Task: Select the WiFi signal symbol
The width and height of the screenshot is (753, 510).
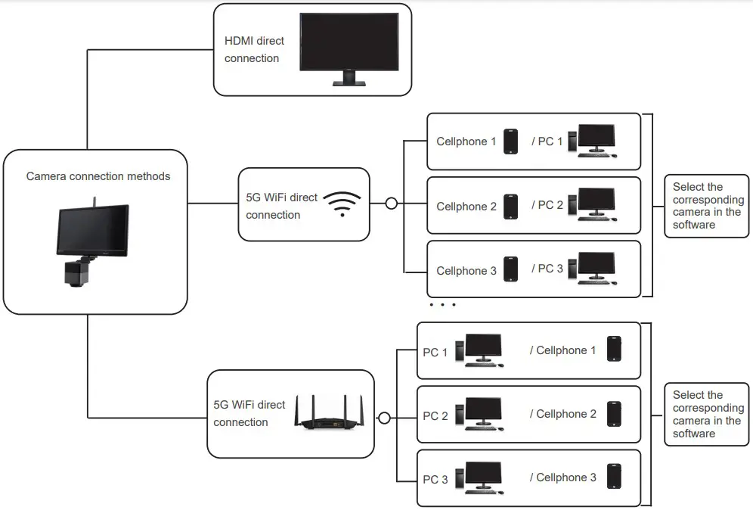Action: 342,204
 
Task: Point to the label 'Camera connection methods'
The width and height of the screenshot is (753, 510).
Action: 98,176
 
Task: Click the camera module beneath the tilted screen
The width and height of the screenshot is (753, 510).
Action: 77,271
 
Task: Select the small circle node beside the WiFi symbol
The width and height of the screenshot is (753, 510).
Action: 391,204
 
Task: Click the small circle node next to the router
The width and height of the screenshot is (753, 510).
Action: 384,417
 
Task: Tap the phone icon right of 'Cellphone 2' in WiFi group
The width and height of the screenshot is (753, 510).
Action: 511,206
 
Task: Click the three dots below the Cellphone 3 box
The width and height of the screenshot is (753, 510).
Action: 442,305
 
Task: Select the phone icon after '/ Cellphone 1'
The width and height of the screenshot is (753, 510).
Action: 614,350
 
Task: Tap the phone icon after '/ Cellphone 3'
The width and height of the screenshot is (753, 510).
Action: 614,477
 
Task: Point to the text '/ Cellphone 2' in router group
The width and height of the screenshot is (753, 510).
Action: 562,414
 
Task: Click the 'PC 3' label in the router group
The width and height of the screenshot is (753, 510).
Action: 435,480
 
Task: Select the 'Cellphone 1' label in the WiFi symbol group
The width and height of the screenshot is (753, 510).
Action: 466,141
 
